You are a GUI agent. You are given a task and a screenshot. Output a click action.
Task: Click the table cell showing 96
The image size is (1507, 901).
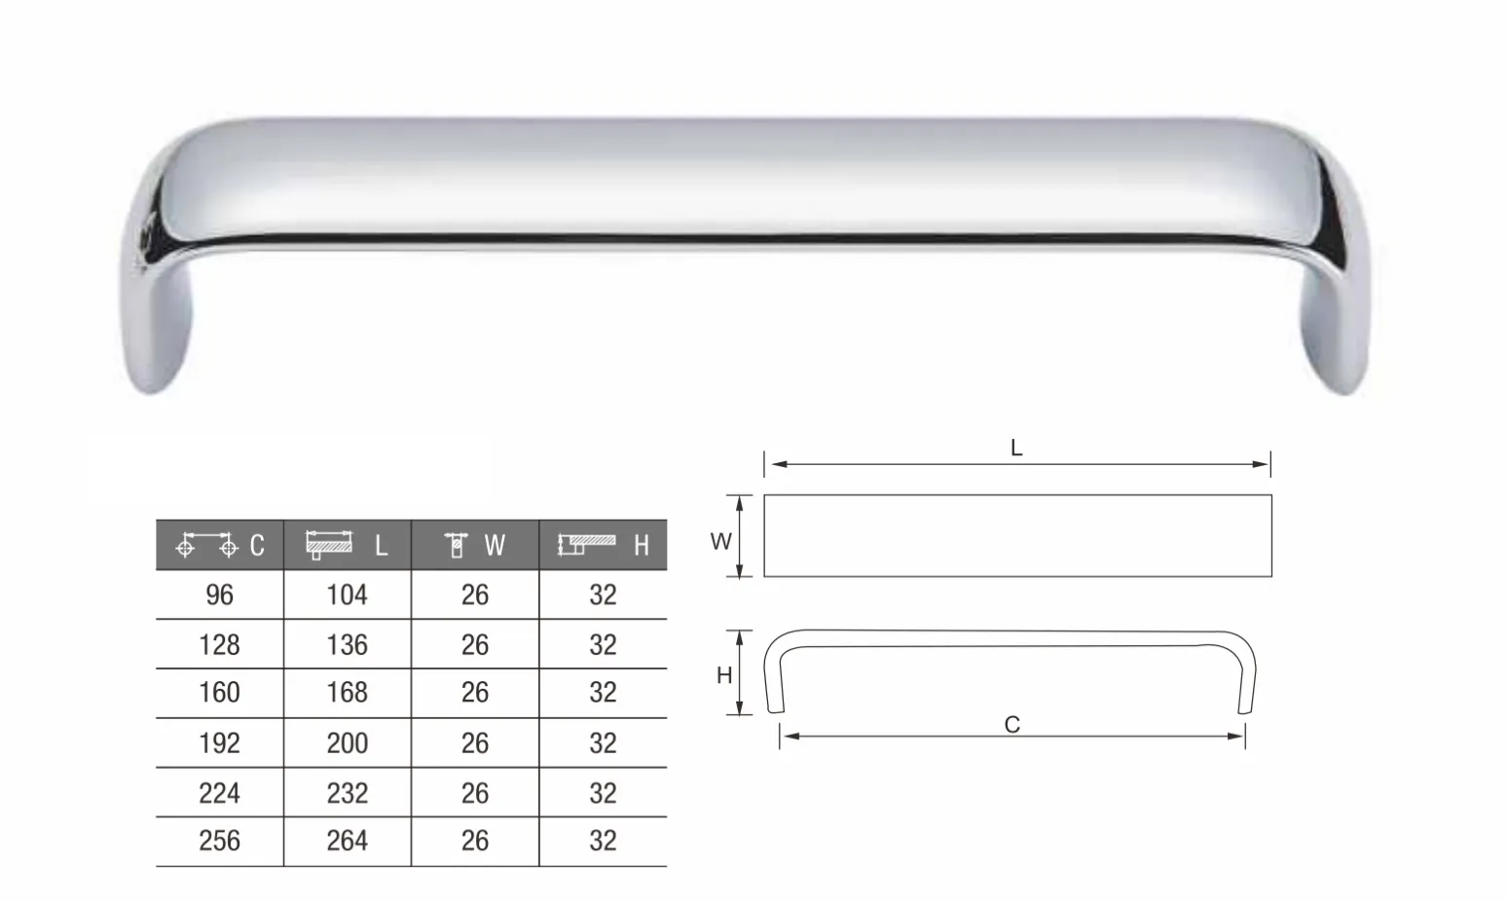(219, 595)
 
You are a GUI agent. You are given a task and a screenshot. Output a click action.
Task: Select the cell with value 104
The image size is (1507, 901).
(348, 595)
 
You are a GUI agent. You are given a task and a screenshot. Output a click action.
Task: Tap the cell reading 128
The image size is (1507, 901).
(219, 645)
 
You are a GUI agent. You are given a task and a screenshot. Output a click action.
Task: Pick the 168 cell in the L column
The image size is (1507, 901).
(348, 693)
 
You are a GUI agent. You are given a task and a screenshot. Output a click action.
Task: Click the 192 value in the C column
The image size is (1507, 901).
(219, 743)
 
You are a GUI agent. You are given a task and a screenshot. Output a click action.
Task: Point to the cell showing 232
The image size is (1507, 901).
(348, 793)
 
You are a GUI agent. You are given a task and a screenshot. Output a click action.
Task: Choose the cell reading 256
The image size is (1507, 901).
(219, 841)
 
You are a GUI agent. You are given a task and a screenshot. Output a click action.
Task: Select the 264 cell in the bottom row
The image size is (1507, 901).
(348, 841)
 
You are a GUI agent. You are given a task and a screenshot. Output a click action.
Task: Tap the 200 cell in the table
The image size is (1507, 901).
(348, 743)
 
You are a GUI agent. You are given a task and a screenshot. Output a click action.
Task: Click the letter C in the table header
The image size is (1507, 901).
(257, 545)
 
